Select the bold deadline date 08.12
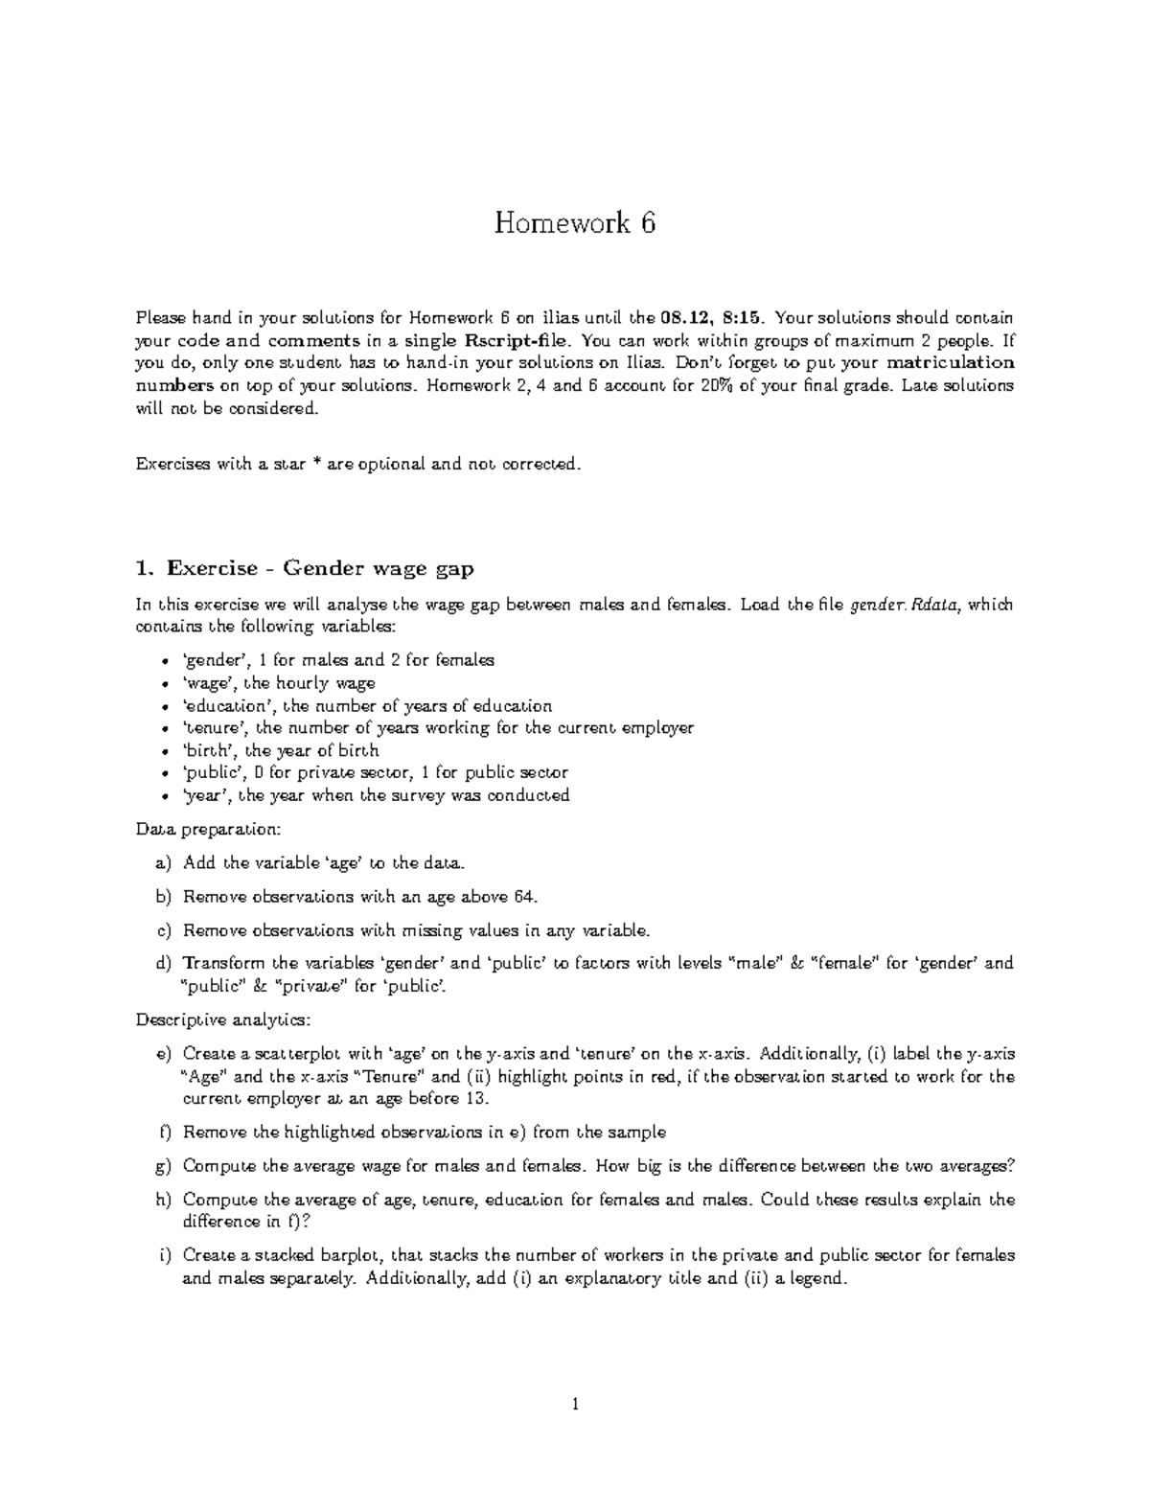point(682,318)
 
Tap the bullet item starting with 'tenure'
point(437,728)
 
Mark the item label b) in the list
point(163,898)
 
